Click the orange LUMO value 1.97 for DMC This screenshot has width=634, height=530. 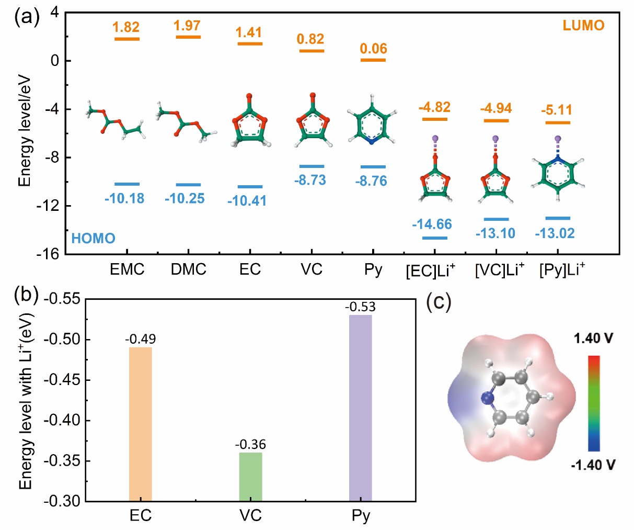click(x=187, y=25)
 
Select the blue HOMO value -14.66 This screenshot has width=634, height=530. click(x=432, y=224)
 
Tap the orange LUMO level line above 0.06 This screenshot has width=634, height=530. click(x=373, y=60)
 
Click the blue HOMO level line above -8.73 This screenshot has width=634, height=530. click(x=312, y=166)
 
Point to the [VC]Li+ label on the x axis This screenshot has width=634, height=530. click(x=500, y=270)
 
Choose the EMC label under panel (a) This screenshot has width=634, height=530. click(x=127, y=269)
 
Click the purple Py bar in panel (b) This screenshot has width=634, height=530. click(x=360, y=408)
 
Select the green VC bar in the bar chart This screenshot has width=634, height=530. click(x=250, y=476)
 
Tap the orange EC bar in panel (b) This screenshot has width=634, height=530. click(x=140, y=424)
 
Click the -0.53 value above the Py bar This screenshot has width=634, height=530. click(x=360, y=307)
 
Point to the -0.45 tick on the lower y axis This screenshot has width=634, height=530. click(x=62, y=380)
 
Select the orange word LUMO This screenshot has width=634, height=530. click(x=583, y=25)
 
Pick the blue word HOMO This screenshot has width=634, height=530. click(x=93, y=239)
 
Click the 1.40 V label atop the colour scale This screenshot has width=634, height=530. click(x=593, y=339)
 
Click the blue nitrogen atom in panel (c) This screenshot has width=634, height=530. click(x=487, y=399)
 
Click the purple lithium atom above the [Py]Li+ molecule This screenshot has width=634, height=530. click(x=558, y=139)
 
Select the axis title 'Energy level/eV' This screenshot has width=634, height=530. click(x=25, y=131)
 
